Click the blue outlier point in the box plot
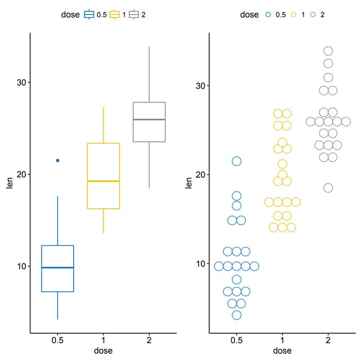pyautogui.click(x=57, y=160)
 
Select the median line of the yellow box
pyautogui.click(x=103, y=181)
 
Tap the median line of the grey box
pyautogui.click(x=149, y=120)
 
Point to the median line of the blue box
pyautogui.click(x=57, y=268)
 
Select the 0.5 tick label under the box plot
pyautogui.click(x=57, y=340)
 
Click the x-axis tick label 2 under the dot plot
pyautogui.click(x=328, y=340)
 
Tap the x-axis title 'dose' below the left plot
pyautogui.click(x=103, y=350)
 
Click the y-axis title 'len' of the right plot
pyautogui.click(x=189, y=183)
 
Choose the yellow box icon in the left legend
pyautogui.click(x=115, y=15)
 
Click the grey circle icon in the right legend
pyautogui.click(x=313, y=15)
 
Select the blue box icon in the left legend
pyautogui.click(x=89, y=15)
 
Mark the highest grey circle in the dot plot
pyautogui.click(x=328, y=51)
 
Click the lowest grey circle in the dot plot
pyautogui.click(x=328, y=188)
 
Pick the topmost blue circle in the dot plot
pyautogui.click(x=237, y=161)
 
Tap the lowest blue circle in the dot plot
pyautogui.click(x=237, y=315)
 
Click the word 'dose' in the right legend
pyautogui.click(x=249, y=15)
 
